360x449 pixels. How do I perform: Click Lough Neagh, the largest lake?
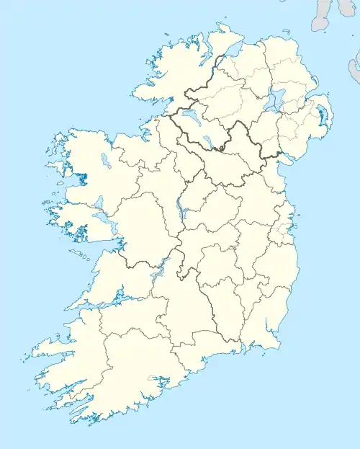272,101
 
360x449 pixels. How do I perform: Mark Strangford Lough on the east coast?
320,116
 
